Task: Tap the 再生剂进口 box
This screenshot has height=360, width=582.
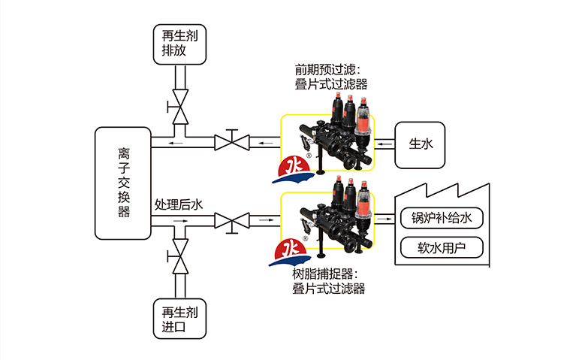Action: tap(179, 319)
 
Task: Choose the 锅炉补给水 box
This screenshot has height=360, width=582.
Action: tap(441, 218)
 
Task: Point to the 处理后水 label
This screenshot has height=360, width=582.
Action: tap(179, 204)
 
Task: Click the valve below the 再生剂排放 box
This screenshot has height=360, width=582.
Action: tap(179, 107)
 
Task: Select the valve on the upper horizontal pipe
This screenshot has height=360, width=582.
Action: tap(231, 141)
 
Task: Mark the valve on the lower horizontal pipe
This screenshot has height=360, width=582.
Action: tap(231, 221)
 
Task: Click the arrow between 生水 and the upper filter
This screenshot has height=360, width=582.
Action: tap(383, 141)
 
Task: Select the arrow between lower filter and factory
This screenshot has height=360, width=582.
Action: tap(384, 220)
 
